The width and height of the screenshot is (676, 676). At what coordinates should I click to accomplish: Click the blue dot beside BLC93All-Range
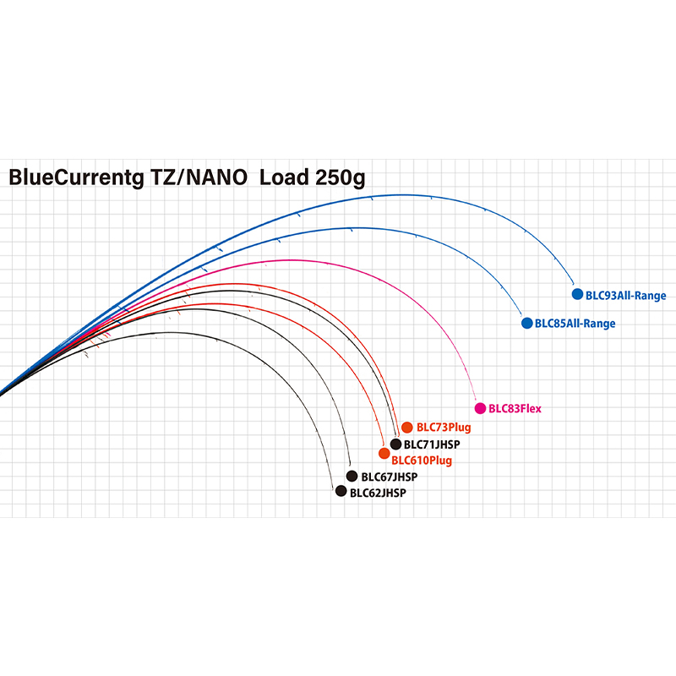[578, 295]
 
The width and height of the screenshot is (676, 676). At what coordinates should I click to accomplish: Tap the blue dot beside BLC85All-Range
[527, 323]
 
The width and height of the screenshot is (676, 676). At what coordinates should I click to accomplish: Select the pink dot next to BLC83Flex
[481, 408]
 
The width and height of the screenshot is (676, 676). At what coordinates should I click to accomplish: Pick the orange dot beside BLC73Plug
[407, 427]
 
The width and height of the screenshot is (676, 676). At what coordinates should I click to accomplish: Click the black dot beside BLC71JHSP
[395, 443]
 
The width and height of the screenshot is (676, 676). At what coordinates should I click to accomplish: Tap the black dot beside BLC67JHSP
[352, 476]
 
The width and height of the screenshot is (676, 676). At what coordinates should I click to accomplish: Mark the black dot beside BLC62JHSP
[341, 491]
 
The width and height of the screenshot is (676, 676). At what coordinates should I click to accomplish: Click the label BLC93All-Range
[626, 296]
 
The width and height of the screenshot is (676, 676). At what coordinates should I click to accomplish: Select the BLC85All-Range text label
[575, 324]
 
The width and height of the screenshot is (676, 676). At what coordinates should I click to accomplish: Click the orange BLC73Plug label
[444, 428]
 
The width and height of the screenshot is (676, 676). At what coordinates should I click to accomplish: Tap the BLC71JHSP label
[431, 444]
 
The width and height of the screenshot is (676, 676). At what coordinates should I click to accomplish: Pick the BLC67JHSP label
[389, 477]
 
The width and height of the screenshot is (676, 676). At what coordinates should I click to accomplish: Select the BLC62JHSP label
[378, 492]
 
